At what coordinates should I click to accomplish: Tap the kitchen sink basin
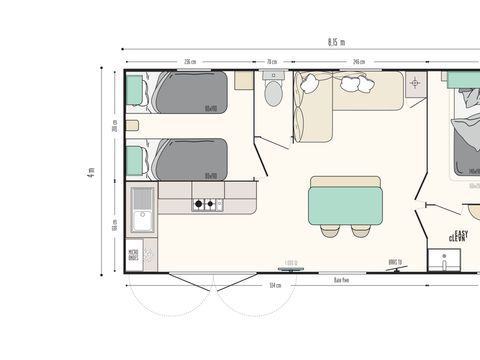[x=141, y=218]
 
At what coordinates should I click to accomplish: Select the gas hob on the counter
[x=206, y=205]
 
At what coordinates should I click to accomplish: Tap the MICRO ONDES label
[x=133, y=255]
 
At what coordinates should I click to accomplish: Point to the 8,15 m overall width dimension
[x=335, y=42]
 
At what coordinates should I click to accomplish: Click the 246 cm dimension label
[x=358, y=62]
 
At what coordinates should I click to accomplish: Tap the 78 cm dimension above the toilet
[x=272, y=62]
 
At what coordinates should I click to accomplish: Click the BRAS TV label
[x=395, y=263]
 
